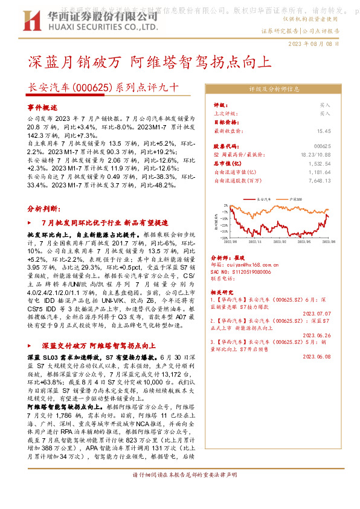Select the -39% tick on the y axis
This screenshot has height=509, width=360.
pyautogui.click(x=225, y=238)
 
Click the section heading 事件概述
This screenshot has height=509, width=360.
pyautogui.click(x=41, y=106)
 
